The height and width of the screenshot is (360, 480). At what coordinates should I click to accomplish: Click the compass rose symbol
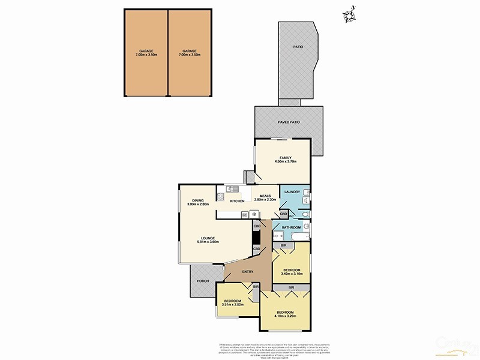pyautogui.click(x=350, y=14)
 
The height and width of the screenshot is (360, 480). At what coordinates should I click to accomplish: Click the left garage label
pyautogui.click(x=146, y=51)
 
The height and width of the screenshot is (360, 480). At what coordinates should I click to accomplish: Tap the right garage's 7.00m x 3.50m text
pyautogui.click(x=190, y=55)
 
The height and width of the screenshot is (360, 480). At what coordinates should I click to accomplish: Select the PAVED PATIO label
pyautogui.click(x=289, y=122)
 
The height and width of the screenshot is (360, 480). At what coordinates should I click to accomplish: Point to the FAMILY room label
pyautogui.click(x=285, y=157)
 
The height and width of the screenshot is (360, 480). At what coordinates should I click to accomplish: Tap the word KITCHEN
pyautogui.click(x=236, y=200)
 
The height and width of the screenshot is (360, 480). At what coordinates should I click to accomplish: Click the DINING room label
pyautogui.click(x=198, y=200)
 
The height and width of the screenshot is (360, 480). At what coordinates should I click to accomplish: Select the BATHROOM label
pyautogui.click(x=291, y=227)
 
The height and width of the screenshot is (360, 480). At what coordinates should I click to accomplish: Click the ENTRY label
pyautogui.click(x=248, y=272)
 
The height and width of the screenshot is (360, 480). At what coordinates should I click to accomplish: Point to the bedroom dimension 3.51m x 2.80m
pyautogui.click(x=232, y=304)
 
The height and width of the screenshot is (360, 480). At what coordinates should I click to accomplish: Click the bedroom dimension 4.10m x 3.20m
pyautogui.click(x=285, y=317)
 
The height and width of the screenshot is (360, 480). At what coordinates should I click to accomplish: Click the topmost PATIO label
pyautogui.click(x=298, y=46)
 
